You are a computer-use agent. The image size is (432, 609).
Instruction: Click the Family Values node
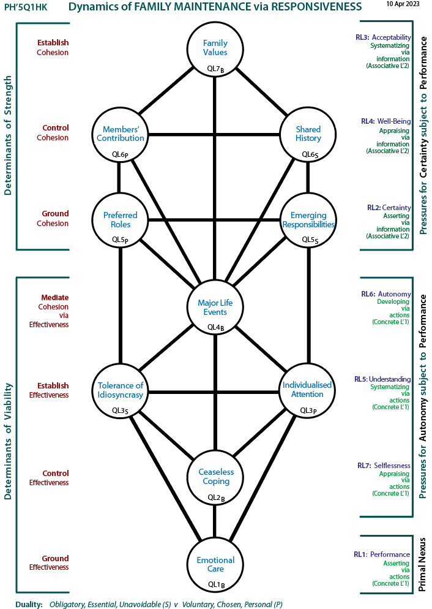[x=215, y=49]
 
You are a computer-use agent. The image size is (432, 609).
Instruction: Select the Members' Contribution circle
[x=120, y=134]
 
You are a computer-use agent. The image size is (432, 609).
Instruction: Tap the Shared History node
[x=308, y=134]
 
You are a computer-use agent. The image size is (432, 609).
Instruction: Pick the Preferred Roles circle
[x=120, y=220]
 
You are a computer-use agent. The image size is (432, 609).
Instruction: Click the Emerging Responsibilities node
[x=308, y=220]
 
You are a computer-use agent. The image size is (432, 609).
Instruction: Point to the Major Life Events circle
[x=215, y=307]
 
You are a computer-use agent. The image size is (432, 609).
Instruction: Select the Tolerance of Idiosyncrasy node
[x=120, y=390]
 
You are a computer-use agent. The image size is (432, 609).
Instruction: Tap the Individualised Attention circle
[x=308, y=390]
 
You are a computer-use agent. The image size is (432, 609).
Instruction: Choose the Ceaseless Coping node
[x=215, y=477]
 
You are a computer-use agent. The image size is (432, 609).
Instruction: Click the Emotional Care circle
[x=215, y=564]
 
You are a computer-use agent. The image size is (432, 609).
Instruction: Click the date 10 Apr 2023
[x=403, y=4]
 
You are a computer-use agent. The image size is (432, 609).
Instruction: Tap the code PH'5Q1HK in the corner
[x=26, y=7]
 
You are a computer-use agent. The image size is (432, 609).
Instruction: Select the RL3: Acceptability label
[x=383, y=37]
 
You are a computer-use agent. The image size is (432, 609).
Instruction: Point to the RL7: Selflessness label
[x=384, y=465]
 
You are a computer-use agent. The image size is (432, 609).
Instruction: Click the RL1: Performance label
[x=382, y=554]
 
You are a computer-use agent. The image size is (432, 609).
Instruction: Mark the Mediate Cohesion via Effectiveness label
[x=49, y=311]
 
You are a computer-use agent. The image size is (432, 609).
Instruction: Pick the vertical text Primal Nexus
[x=422, y=564]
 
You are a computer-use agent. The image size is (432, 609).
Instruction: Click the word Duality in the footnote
[x=29, y=604]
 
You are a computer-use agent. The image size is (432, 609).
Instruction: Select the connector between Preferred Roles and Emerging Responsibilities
[x=214, y=220]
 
